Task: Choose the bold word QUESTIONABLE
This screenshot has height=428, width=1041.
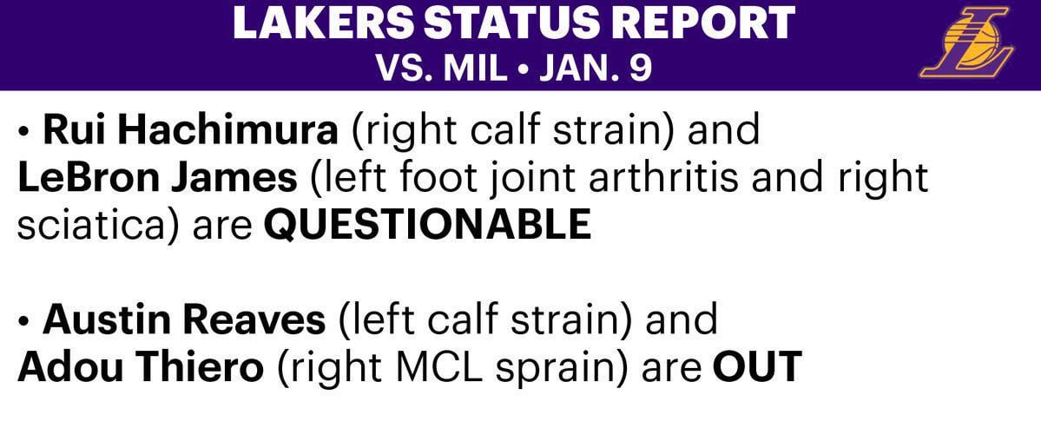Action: coord(427,226)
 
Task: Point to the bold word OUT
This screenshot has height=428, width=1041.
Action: coord(756,368)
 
